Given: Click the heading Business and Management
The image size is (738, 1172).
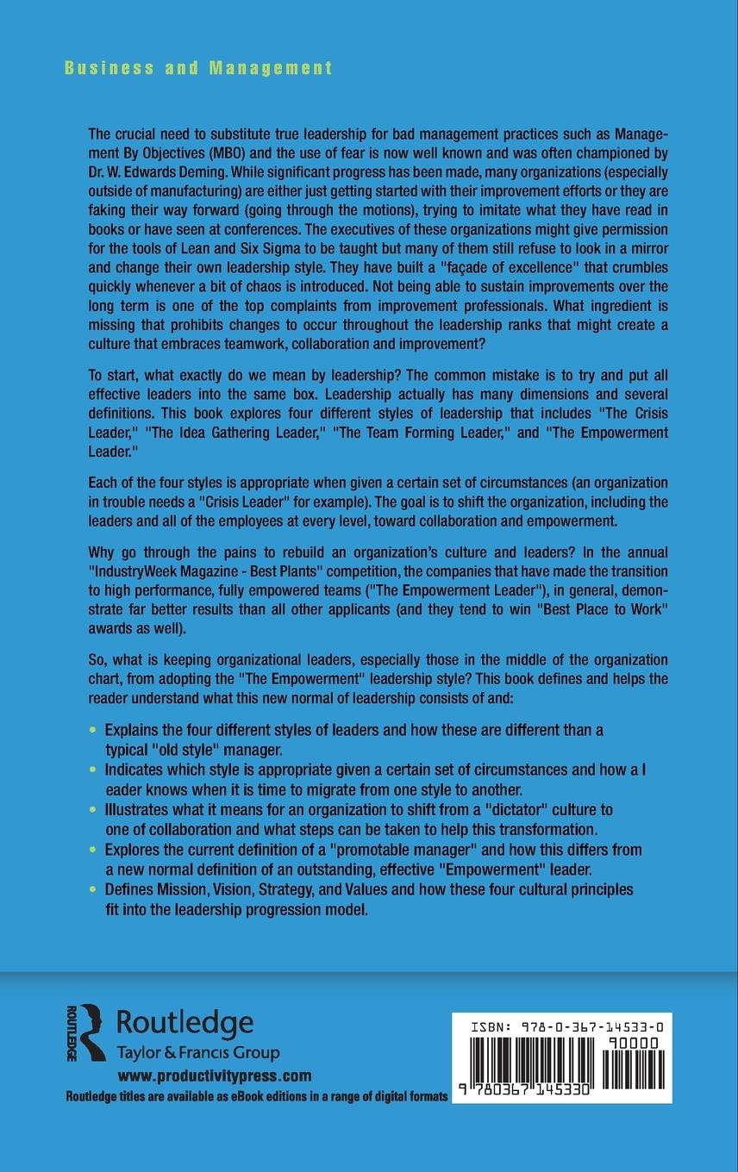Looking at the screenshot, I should [198, 69].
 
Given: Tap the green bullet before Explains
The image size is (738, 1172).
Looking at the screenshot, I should [94, 729].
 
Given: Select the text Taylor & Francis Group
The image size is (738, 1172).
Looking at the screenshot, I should [197, 1053].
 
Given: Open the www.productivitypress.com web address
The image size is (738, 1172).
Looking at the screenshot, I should [214, 1075].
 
